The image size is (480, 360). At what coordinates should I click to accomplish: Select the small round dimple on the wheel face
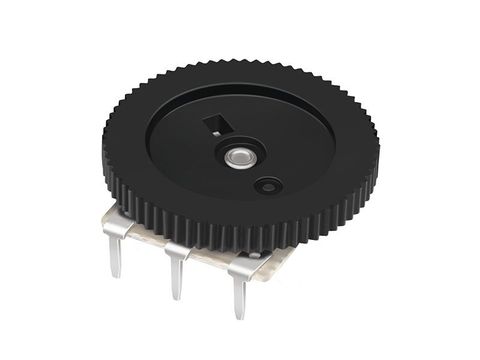(x=268, y=186)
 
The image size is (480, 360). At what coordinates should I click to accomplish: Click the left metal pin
(x=115, y=250)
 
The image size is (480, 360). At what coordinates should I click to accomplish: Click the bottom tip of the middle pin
(x=177, y=296)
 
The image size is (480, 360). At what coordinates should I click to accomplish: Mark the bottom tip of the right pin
(x=241, y=316)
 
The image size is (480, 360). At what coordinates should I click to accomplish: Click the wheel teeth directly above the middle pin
(x=180, y=226)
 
